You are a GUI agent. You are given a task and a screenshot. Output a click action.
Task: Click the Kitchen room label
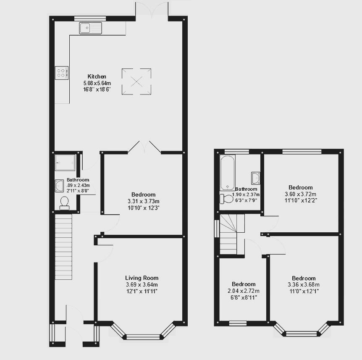(x=97, y=76)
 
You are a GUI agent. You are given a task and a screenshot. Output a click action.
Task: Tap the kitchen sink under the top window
(x=90, y=28)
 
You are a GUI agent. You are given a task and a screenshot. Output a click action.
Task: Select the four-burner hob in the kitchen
(x=61, y=73)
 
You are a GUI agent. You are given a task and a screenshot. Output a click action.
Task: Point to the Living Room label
(x=142, y=278)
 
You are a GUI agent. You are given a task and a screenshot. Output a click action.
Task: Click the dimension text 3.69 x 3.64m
(x=142, y=284)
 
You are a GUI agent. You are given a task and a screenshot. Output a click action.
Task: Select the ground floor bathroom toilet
(x=64, y=203)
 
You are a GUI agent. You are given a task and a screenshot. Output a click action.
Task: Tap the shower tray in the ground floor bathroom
(x=65, y=163)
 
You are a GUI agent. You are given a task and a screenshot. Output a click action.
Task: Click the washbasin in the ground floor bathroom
(x=60, y=186)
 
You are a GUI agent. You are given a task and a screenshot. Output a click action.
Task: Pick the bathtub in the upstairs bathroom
(x=227, y=173)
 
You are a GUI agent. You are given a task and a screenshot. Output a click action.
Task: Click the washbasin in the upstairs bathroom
(x=255, y=178)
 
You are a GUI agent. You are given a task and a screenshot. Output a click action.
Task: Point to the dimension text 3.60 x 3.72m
(x=300, y=194)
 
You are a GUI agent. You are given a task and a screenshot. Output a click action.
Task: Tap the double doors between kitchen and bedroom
(x=144, y=147)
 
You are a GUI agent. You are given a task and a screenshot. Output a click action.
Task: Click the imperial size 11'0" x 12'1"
(x=304, y=291)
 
